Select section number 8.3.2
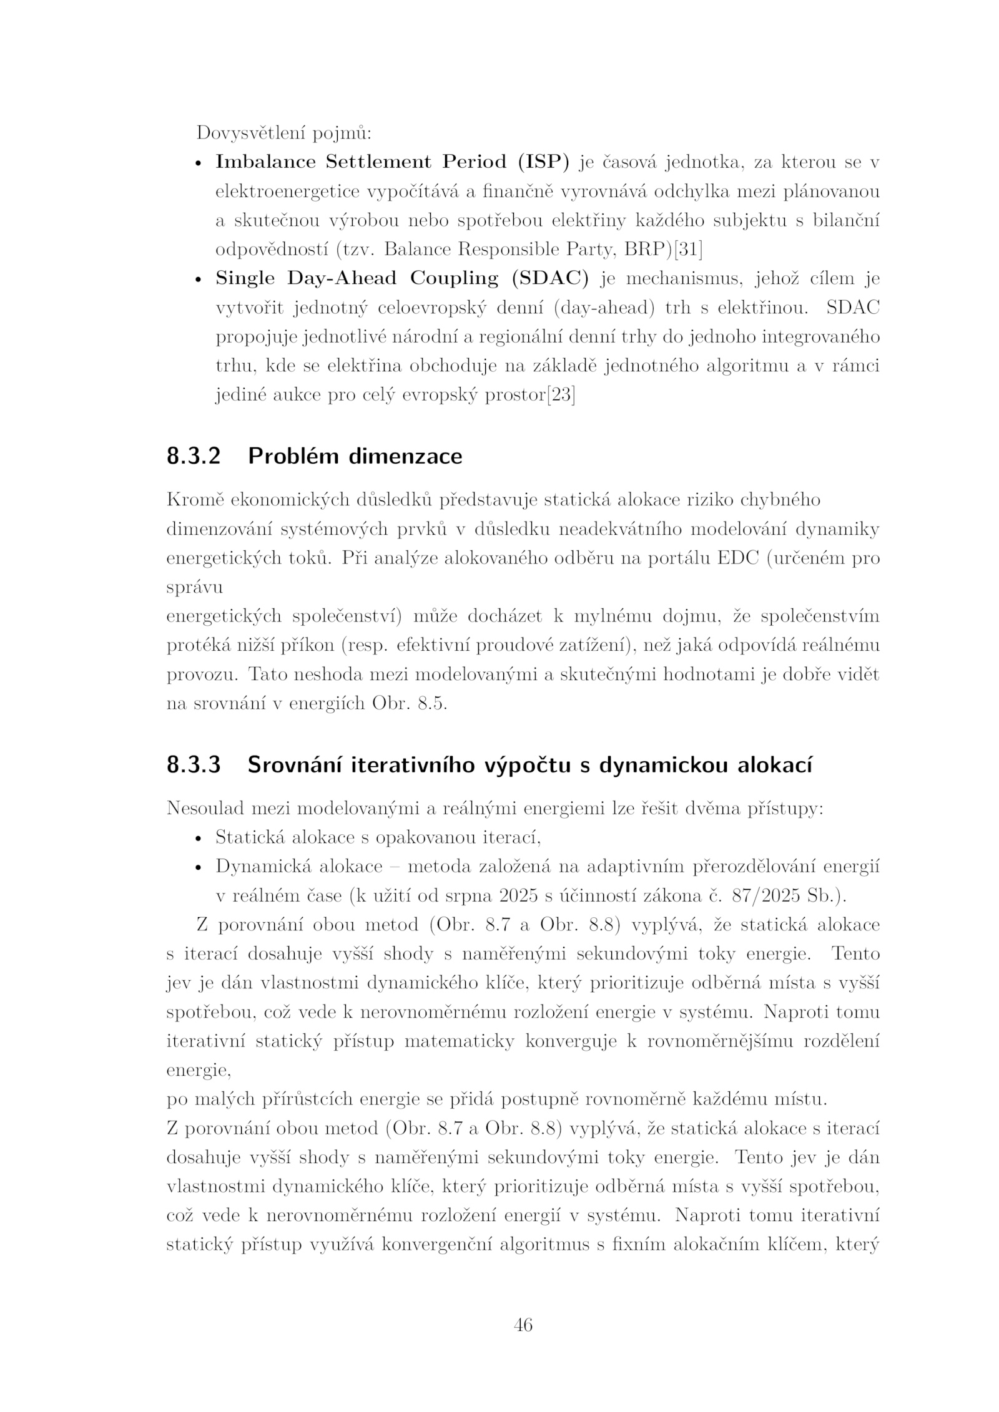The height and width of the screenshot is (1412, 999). [x=194, y=457]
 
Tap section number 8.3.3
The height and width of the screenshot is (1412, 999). [x=194, y=766]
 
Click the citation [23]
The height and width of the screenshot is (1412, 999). [x=561, y=395]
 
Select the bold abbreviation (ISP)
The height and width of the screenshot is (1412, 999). [x=543, y=162]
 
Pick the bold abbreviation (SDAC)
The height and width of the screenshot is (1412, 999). [x=550, y=279]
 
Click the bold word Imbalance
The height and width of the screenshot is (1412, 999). [x=265, y=162]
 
